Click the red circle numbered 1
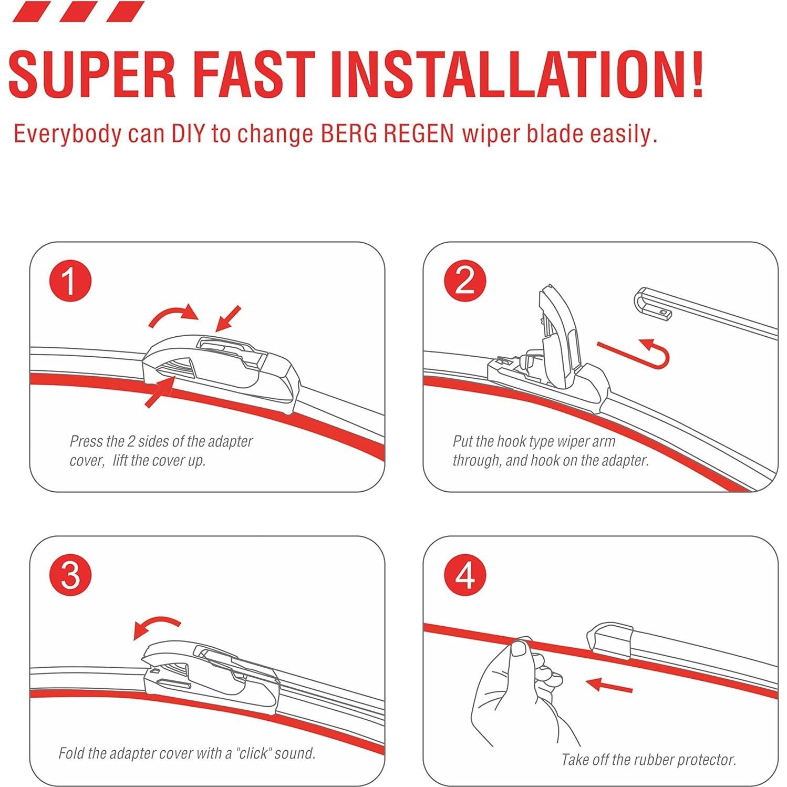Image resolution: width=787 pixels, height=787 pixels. pos(70,281)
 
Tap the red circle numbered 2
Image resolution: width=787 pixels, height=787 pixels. pos(464,281)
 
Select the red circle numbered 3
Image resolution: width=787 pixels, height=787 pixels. pos(70,575)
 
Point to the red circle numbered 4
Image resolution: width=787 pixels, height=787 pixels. pos(464,575)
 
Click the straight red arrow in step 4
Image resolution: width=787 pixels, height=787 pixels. pos(609,686)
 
